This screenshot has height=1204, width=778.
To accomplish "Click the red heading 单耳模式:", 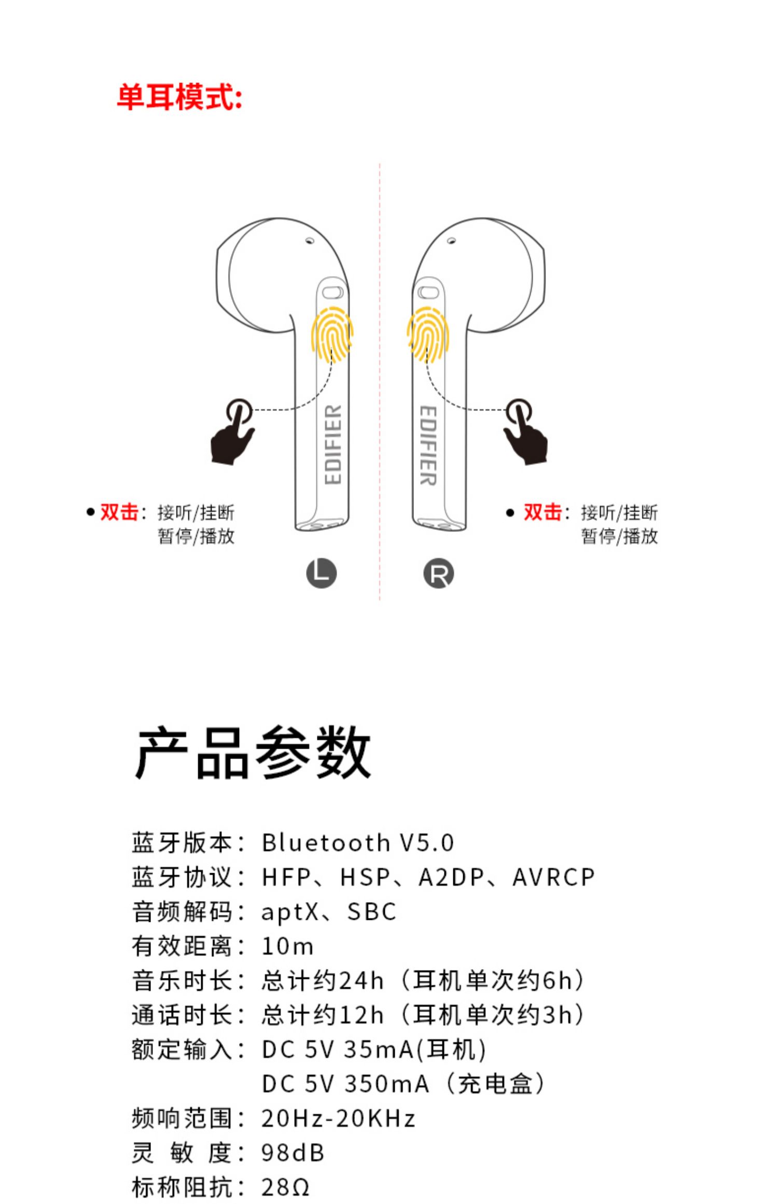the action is point(179,97).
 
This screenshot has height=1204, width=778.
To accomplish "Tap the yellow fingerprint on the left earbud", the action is point(332,334).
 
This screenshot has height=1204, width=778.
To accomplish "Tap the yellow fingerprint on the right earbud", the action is point(427,334).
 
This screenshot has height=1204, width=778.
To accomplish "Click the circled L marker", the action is point(321,573).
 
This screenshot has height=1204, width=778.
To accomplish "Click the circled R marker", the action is point(438,573).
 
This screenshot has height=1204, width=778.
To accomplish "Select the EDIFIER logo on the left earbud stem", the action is point(333,445).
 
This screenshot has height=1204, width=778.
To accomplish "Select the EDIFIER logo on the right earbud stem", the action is point(428,445).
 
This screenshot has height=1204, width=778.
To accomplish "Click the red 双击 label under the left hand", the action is point(119,512).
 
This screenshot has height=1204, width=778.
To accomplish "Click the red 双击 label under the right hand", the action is point(542,512).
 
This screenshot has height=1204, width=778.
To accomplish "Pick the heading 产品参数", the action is point(253,752).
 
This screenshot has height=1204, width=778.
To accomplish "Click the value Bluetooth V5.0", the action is point(358,843).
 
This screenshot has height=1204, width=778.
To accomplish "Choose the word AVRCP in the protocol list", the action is point(553,877).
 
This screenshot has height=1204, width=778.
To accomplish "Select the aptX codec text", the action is point(289,912).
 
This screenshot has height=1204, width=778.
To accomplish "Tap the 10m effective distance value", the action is point(287,946).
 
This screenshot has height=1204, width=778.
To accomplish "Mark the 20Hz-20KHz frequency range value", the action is point(338,1118).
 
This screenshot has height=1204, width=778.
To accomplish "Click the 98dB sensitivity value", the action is point(293,1153).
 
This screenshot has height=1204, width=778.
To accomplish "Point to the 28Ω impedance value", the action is point(285,1187).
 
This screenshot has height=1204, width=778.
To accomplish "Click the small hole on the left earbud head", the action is point(310,241).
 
